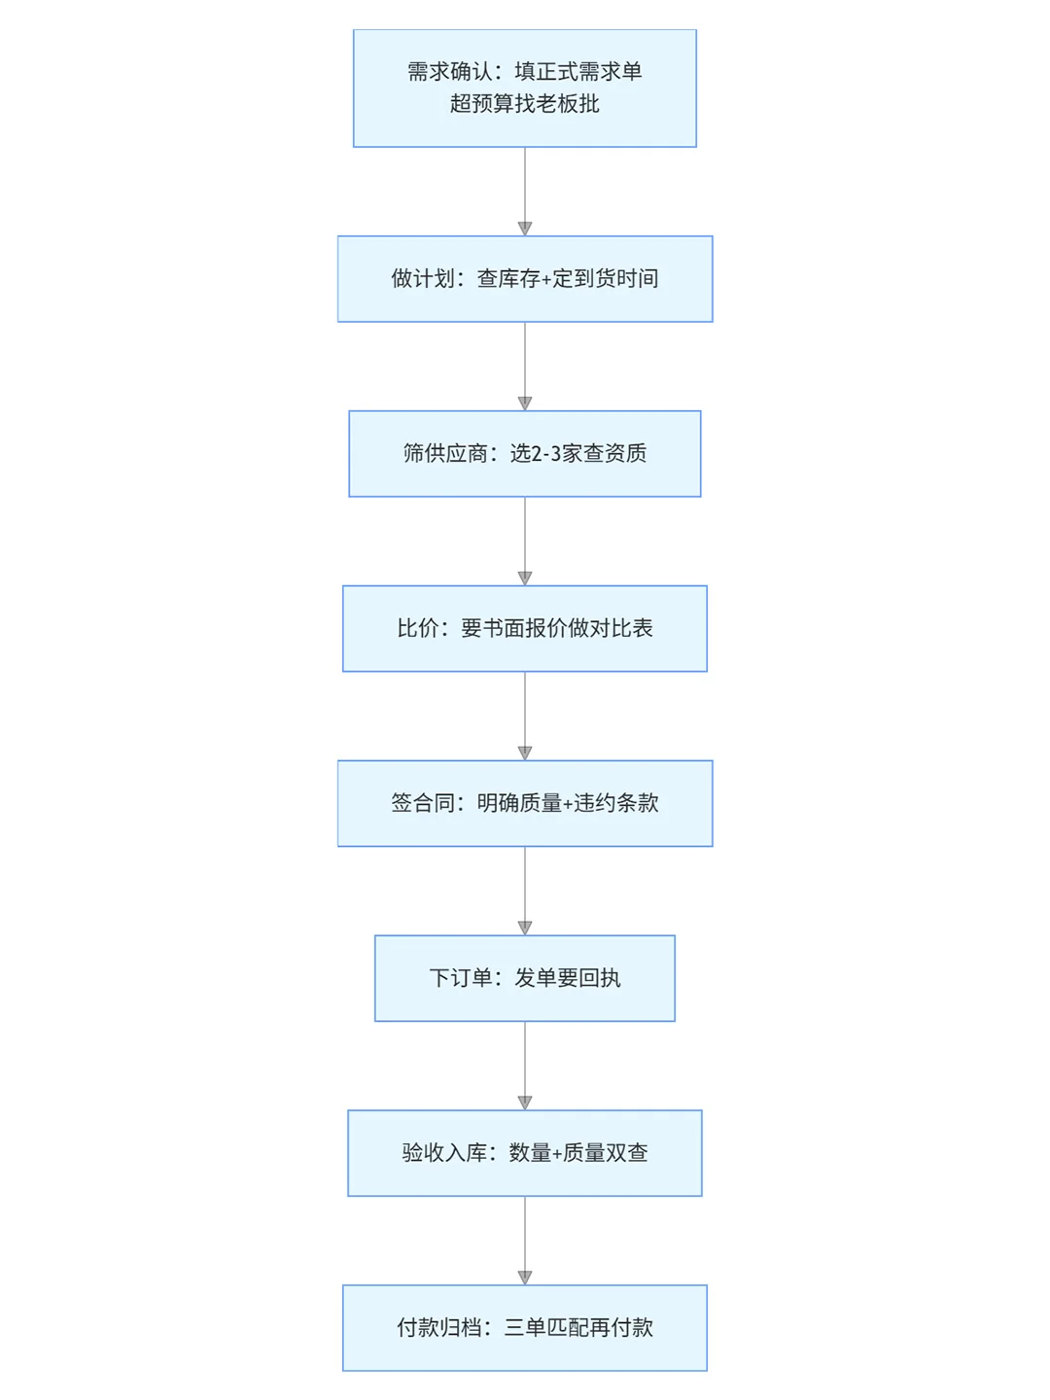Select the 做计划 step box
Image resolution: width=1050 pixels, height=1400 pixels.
tap(524, 279)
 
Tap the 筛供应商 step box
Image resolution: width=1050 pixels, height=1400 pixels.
tap(524, 454)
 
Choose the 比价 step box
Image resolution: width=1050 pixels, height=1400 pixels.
tap(524, 629)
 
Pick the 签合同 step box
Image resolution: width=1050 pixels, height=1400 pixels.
tap(524, 804)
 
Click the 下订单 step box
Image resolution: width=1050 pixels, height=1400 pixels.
tap(524, 979)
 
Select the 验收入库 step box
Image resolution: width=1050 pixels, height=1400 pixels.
tap(524, 1154)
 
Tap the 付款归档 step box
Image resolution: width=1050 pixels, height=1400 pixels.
tap(524, 1329)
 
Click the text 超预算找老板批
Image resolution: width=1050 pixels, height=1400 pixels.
tap(525, 104)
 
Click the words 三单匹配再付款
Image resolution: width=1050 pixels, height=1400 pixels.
tap(578, 1328)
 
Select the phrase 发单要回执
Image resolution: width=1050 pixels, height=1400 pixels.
tap(568, 978)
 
